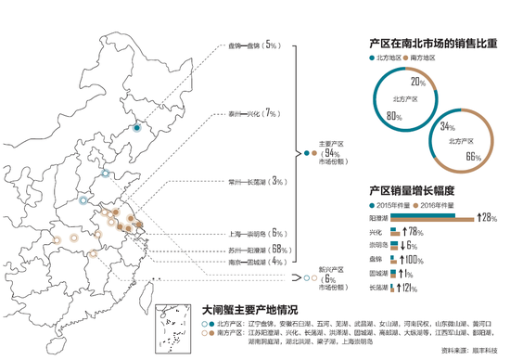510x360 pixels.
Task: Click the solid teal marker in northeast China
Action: point(136,129)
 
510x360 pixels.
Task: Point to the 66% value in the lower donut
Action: point(472,157)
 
